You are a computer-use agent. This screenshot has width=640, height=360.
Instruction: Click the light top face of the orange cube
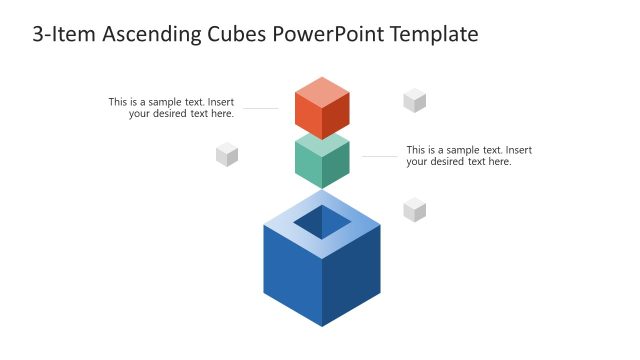[322, 90]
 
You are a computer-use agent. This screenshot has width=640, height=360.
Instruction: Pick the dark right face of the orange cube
[336, 116]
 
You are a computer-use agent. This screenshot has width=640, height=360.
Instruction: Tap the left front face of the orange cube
[308, 116]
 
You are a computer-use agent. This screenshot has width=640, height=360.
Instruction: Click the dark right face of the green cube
[336, 166]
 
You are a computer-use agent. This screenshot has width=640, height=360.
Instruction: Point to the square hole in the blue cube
[322, 222]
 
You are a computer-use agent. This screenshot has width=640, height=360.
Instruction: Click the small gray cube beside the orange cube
[414, 100]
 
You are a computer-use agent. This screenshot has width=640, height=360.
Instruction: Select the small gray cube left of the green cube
[227, 154]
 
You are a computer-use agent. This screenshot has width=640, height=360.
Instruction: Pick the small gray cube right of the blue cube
[414, 209]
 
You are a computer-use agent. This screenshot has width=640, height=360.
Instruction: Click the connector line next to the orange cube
[261, 108]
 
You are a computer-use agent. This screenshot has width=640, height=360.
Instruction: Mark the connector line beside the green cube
[379, 156]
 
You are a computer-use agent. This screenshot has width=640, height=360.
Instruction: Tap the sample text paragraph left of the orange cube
[172, 108]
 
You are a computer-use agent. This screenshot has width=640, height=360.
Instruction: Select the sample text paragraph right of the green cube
[468, 156]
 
